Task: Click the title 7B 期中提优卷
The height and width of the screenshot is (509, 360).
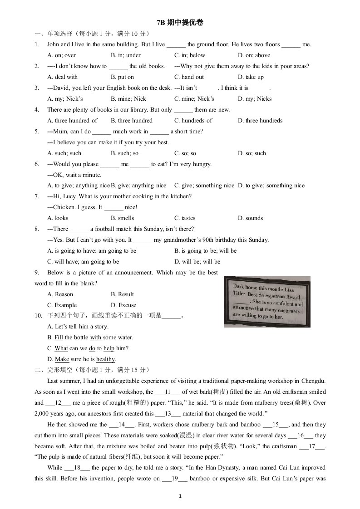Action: coord(180,23)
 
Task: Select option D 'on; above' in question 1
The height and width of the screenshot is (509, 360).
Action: coord(254,55)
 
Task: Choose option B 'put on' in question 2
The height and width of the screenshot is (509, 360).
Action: coord(122,77)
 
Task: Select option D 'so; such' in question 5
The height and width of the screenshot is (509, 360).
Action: coord(252,153)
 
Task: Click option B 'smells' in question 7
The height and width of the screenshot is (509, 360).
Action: coord(122,218)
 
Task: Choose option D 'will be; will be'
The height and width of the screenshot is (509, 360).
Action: coord(197,262)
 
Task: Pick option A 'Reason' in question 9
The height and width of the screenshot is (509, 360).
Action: coord(60,294)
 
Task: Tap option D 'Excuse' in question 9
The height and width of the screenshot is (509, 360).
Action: coord(123,305)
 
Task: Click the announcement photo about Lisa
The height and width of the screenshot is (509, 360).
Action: coord(267,302)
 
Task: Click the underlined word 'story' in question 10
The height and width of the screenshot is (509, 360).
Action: coord(101,327)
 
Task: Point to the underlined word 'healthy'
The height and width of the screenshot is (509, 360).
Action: coord(106,359)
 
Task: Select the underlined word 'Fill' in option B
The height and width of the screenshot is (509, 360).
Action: coord(59,338)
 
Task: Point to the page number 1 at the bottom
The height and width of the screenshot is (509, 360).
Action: coord(180,497)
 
